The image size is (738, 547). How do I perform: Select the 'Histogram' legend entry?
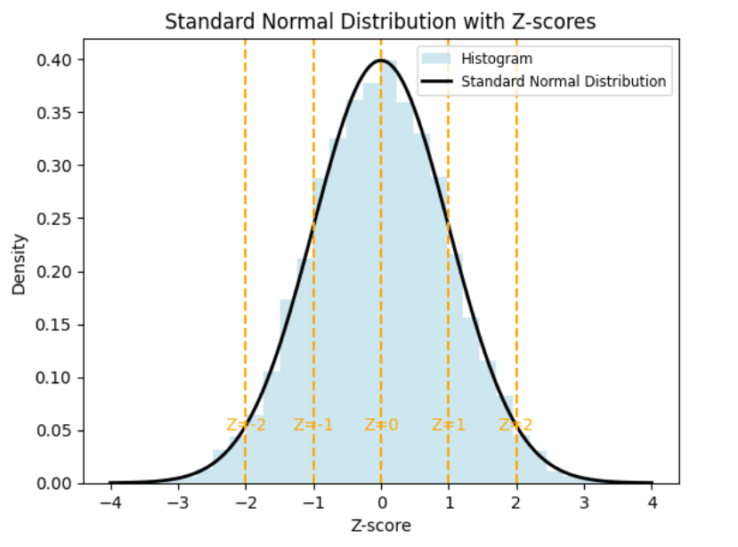point(503,59)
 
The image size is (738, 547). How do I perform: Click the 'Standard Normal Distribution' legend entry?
point(563,81)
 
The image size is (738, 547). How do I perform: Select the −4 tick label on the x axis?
point(110,503)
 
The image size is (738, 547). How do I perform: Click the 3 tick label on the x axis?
point(584,503)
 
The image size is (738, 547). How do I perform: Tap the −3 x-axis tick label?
point(178,503)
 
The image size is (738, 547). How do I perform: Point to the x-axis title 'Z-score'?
point(381,526)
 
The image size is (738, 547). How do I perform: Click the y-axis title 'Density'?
point(19,264)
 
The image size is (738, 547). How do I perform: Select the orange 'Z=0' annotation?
point(381,425)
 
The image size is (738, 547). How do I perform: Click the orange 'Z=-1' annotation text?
point(313,425)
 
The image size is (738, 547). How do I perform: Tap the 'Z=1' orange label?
point(449,425)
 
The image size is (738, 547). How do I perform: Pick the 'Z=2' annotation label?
point(516,425)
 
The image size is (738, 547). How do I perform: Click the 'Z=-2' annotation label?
point(246,425)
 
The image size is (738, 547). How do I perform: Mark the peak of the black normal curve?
point(381,60)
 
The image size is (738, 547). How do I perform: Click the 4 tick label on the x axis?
point(652,503)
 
